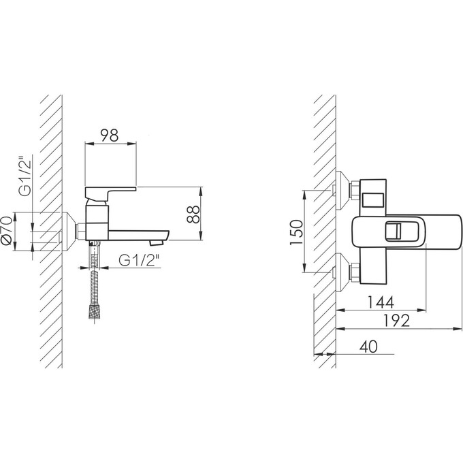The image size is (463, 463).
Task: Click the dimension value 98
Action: coord(109,135)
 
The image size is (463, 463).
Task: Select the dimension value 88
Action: coord(193,214)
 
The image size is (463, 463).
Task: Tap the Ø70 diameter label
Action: coord(7,231)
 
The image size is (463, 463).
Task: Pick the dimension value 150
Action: coord(296,232)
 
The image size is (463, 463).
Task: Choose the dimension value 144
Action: coord(381,302)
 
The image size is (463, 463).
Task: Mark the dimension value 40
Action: coord(368,347)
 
